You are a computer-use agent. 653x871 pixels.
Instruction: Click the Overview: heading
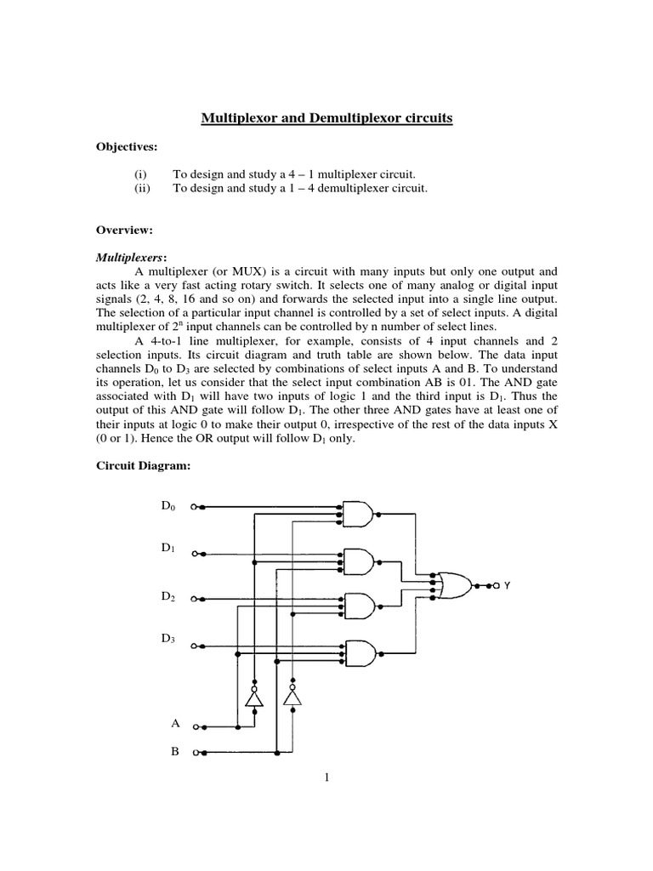coord(122,230)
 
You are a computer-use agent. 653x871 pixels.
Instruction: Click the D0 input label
coord(168,507)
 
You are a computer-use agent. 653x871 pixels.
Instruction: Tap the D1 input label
coord(168,549)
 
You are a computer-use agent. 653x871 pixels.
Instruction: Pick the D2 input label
coord(168,597)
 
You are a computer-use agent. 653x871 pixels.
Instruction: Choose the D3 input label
coord(168,639)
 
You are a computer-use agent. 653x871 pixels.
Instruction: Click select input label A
coord(175,724)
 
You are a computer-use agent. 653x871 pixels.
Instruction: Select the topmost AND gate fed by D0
coord(358,513)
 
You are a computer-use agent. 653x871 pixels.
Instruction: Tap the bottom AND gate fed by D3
coord(358,653)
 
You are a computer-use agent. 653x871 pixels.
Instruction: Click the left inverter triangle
coord(253,697)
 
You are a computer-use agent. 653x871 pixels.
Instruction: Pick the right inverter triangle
coord(292,697)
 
